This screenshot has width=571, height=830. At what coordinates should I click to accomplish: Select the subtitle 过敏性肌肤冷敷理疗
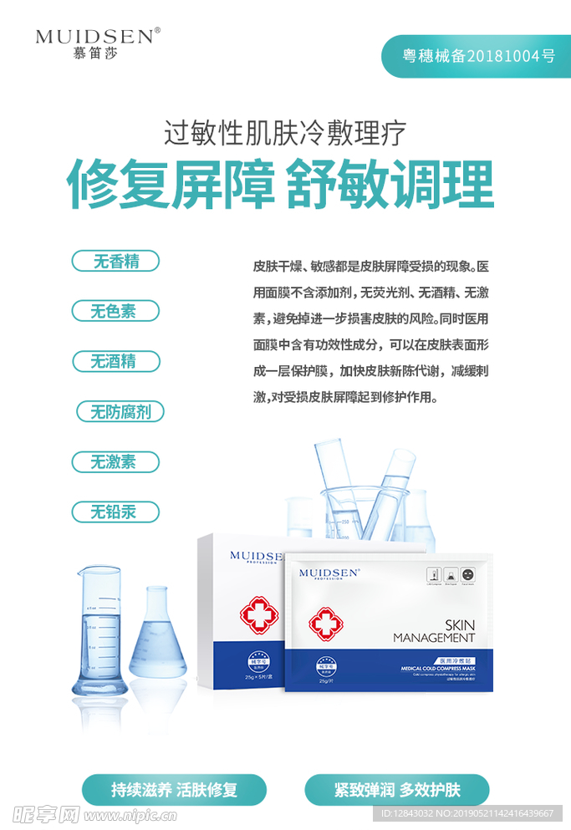coord(285,132)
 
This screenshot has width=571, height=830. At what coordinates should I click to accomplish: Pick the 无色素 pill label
coord(115,311)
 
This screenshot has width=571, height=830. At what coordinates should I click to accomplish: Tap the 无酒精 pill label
coord(115,361)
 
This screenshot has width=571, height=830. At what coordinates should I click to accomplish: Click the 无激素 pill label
coord(115,461)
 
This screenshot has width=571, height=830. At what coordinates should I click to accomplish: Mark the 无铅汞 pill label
coord(115,512)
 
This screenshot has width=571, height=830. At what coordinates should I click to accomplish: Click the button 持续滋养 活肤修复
coord(174,789)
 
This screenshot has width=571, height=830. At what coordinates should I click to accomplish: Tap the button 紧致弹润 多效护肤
coord(396,789)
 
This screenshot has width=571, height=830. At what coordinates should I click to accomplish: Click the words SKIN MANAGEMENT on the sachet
coord(434,631)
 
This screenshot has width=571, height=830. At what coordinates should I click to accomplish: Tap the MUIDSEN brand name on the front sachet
coord(329,573)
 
